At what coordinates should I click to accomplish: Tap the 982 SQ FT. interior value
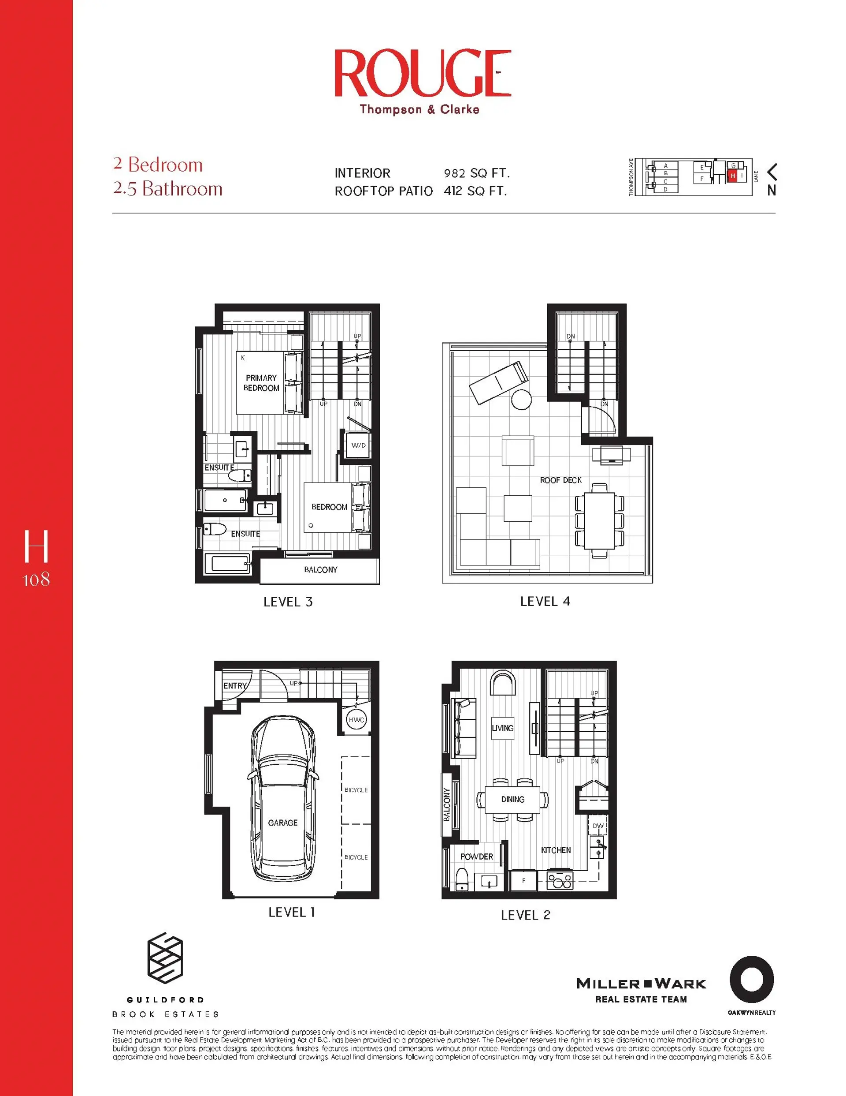point(476,173)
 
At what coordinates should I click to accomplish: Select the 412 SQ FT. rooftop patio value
point(475,191)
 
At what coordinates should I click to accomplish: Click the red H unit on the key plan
point(733,176)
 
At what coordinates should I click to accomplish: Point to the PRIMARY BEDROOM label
point(261,383)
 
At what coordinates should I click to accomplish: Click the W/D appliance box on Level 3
point(358,445)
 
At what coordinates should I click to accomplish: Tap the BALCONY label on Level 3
point(320,569)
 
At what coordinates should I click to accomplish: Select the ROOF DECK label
point(560,480)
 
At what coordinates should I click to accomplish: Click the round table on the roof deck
point(522,400)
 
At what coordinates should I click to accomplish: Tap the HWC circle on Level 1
point(356,720)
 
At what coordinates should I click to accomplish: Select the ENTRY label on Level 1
point(235,685)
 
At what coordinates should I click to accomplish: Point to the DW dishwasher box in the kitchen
point(598,826)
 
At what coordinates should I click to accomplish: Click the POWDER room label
point(476,857)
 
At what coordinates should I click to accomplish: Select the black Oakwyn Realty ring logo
point(751,980)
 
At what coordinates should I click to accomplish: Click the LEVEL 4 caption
point(545,601)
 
